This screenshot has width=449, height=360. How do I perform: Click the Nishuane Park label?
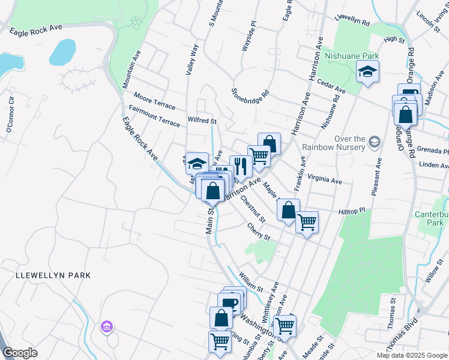coord(351,56)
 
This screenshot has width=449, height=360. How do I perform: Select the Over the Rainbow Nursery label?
coord(334,143)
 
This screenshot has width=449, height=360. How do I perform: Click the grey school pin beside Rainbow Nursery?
coord(375,142)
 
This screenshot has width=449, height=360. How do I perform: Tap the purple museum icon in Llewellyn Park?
coord(107,327)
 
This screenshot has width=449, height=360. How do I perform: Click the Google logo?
coord(20,353)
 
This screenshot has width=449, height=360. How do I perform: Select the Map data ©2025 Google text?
coord(411,355)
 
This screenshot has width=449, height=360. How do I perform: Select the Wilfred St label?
coord(202,120)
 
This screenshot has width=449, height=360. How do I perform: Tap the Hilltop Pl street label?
coord(352,212)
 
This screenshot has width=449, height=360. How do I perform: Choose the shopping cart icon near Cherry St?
coord(307,222)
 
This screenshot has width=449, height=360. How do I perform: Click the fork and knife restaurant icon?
coord(241,166)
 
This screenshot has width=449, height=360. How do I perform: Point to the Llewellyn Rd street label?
coord(352,20)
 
